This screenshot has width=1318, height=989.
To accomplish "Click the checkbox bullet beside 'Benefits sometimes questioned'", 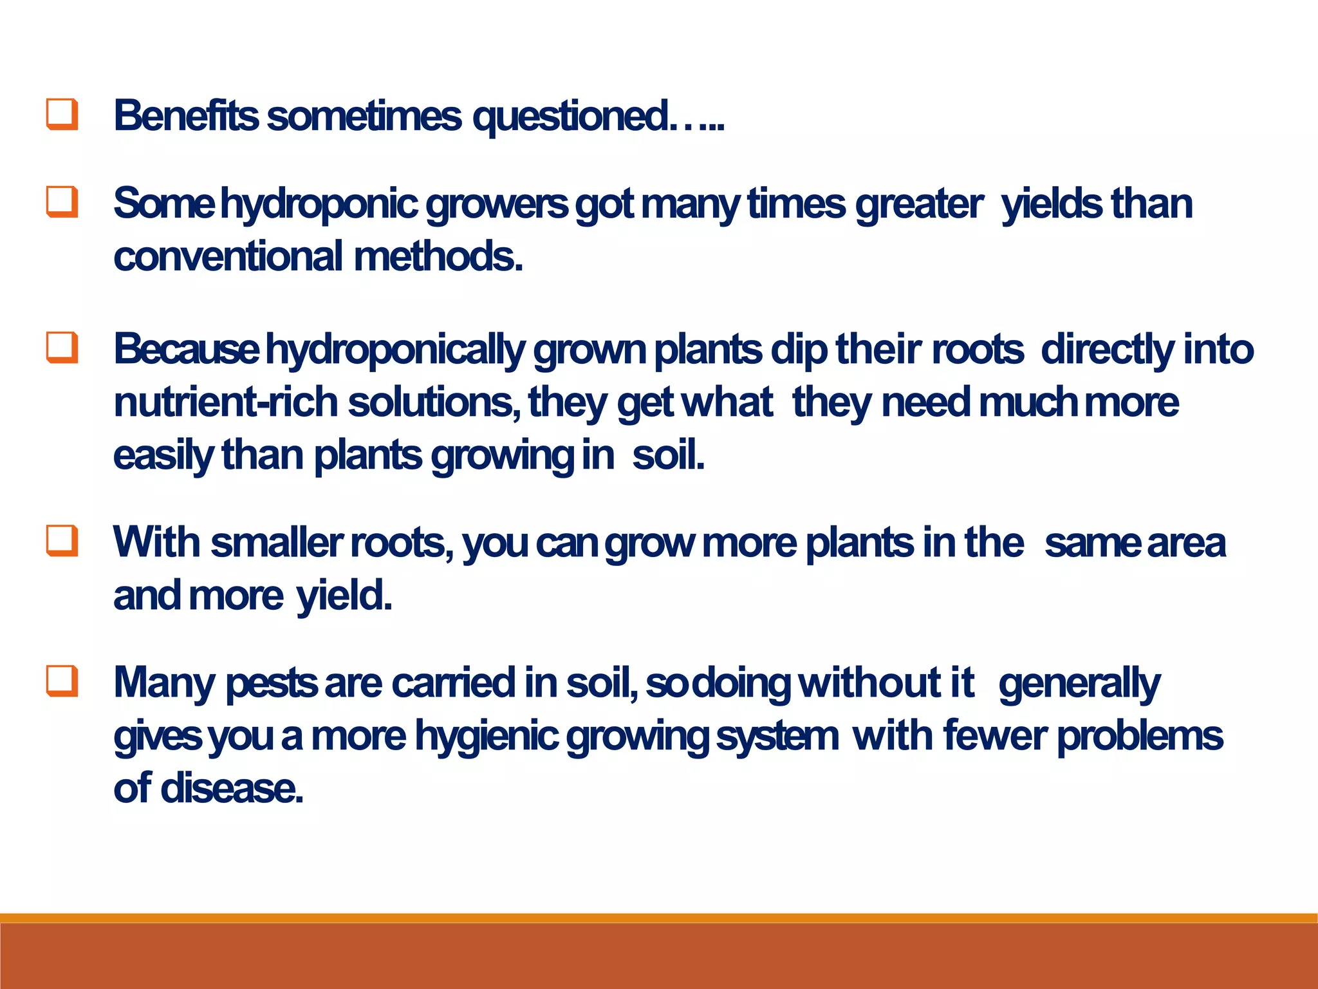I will click(x=62, y=115).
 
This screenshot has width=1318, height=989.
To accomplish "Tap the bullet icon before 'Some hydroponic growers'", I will click(x=62, y=202).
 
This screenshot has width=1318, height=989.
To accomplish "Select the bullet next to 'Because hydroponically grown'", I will click(x=62, y=348).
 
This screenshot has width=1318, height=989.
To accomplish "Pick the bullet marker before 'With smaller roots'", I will click(x=62, y=540).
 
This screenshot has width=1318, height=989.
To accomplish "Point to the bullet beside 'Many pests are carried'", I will click(x=62, y=681).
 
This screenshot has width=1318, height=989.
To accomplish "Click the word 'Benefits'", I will click(x=186, y=116).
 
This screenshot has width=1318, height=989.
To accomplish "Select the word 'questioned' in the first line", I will click(x=570, y=117).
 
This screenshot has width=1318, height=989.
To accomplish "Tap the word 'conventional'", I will click(x=228, y=256).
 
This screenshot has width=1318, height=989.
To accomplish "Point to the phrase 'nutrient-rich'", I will click(x=225, y=402).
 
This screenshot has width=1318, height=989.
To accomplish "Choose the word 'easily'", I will click(x=163, y=456).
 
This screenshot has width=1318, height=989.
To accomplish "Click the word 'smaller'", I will click(x=277, y=542).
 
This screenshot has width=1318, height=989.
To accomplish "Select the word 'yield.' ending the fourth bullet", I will click(x=344, y=596).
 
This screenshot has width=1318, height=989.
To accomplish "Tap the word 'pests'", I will click(x=271, y=683).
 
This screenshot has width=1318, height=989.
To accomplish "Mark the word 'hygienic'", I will click(x=486, y=737).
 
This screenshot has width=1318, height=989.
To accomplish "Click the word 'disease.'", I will click(x=232, y=788).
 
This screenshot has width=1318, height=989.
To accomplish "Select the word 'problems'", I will click(x=1140, y=736).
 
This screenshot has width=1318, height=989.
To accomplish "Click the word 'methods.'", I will click(x=438, y=256).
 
